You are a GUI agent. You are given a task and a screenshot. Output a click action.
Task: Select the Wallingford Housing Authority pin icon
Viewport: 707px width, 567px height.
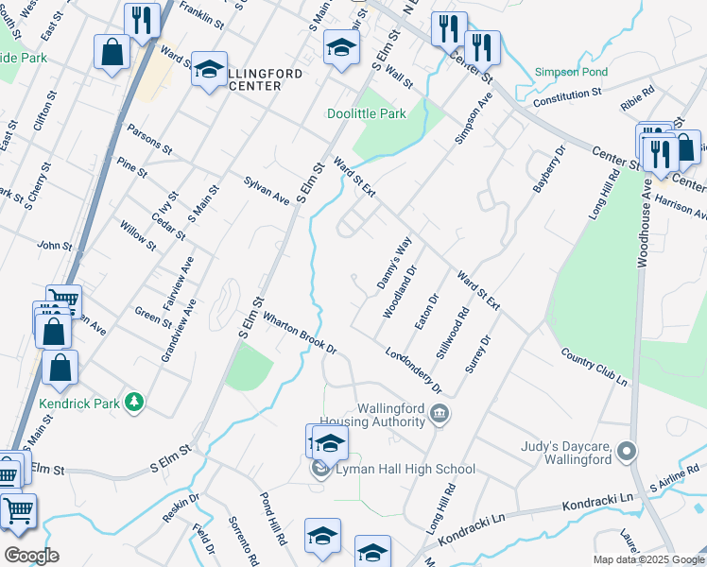[x=440, y=413]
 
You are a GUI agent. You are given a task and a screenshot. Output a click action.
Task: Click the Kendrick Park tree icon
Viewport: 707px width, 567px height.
[x=135, y=404]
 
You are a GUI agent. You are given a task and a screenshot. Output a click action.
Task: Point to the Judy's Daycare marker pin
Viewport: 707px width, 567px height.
[x=624, y=453]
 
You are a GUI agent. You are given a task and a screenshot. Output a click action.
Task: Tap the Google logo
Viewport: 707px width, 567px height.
[x=30, y=556]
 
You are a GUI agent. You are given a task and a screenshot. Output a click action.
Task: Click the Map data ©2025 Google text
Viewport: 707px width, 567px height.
[x=647, y=559]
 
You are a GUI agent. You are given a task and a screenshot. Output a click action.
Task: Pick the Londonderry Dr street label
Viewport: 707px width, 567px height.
[x=413, y=369]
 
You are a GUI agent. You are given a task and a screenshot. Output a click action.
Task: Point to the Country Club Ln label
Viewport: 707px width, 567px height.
[x=594, y=367]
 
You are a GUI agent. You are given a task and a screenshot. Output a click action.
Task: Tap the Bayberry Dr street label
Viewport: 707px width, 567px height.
[x=547, y=169]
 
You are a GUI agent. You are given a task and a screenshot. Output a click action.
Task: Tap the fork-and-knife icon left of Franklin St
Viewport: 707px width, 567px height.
[x=142, y=20]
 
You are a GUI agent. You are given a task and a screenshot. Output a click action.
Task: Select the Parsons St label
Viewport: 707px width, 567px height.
[x=149, y=139]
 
